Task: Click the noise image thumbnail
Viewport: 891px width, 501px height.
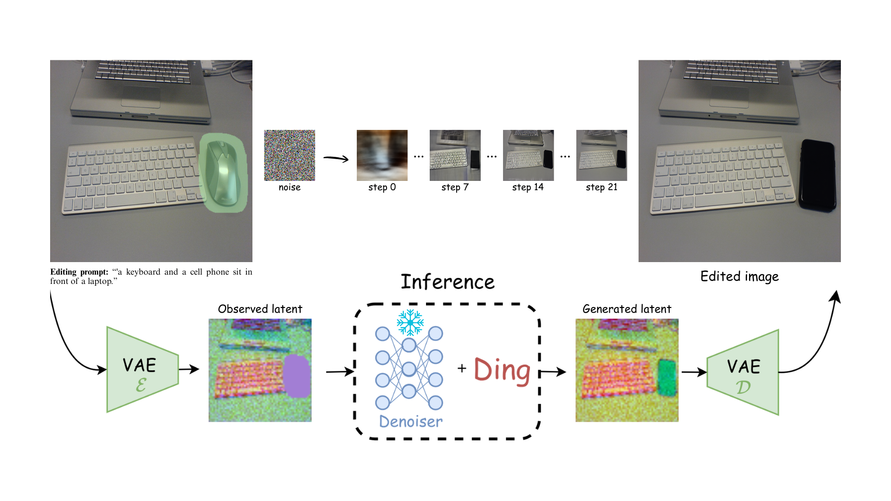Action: pyautogui.click(x=290, y=155)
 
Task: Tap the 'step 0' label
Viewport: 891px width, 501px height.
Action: pyautogui.click(x=382, y=187)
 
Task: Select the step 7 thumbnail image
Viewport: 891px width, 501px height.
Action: pyautogui.click(x=455, y=155)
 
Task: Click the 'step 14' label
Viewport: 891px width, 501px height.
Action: pyautogui.click(x=528, y=187)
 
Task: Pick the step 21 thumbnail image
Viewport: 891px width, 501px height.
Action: pyautogui.click(x=601, y=155)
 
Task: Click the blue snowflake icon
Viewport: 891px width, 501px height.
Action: pyautogui.click(x=410, y=322)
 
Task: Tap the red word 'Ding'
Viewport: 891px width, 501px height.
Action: pyautogui.click(x=502, y=371)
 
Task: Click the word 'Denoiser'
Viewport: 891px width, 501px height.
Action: pyautogui.click(x=411, y=421)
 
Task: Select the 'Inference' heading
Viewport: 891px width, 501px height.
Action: pyautogui.click(x=447, y=282)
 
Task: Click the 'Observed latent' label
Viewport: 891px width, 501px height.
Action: pyautogui.click(x=260, y=309)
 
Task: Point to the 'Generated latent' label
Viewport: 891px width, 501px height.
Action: pyautogui.click(x=626, y=309)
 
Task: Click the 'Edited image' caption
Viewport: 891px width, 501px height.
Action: pyautogui.click(x=739, y=276)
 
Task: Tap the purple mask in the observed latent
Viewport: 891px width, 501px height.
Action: pyautogui.click(x=297, y=376)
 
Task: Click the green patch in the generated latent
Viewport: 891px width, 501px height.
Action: pyautogui.click(x=667, y=377)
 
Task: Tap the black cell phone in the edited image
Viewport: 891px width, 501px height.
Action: pyautogui.click(x=817, y=175)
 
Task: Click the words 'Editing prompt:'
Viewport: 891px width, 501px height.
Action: pyautogui.click(x=79, y=272)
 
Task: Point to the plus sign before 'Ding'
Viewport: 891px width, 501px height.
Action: pyautogui.click(x=462, y=369)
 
